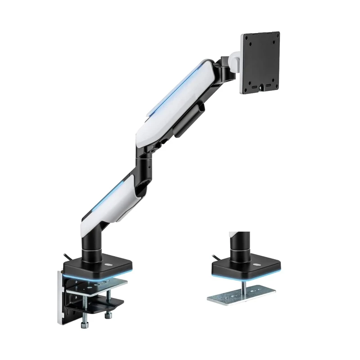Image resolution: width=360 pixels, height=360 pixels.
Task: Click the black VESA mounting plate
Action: (260, 63)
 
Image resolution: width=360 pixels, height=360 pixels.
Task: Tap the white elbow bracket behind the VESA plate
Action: (234, 61)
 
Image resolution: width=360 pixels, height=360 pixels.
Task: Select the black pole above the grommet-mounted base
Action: (236, 245)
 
